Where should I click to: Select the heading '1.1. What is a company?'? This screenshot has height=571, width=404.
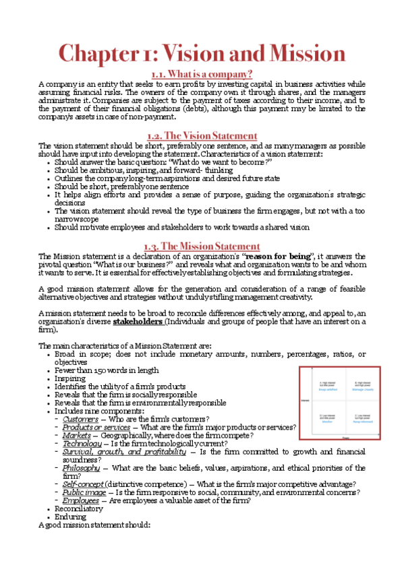(x=202, y=73)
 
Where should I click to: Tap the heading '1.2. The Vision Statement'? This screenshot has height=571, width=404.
(x=202, y=136)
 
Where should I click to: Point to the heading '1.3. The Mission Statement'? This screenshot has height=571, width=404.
(x=202, y=246)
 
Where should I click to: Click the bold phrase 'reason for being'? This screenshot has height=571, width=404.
(x=274, y=257)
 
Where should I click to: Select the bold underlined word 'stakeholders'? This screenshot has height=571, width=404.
(x=138, y=321)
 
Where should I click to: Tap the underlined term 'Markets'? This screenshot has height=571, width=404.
(x=76, y=435)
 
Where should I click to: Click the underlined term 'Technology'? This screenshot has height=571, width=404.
(x=82, y=443)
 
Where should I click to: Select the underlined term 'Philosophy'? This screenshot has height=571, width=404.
(x=81, y=467)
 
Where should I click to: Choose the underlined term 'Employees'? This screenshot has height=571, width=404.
(x=81, y=500)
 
